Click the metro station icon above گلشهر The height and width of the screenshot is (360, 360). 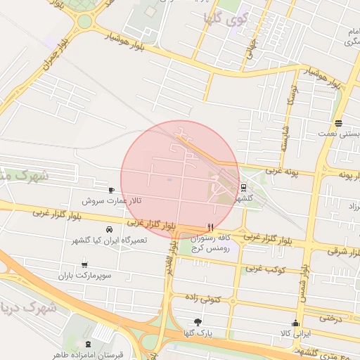243,188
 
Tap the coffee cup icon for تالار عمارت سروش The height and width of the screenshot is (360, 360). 111,191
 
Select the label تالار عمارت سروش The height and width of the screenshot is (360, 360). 112,200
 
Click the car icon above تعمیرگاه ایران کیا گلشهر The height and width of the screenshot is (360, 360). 109,230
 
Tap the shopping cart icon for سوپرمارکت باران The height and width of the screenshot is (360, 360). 85,264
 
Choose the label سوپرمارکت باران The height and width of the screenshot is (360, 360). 85,275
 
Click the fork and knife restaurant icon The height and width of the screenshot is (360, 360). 210,227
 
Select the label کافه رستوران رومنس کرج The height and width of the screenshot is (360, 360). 210,243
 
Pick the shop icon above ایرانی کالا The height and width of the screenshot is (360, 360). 295,323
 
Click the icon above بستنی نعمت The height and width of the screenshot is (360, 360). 339,123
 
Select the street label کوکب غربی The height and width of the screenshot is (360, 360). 264,269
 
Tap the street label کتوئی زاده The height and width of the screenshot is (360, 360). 205,299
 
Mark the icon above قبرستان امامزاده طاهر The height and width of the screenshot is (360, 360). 87,345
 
